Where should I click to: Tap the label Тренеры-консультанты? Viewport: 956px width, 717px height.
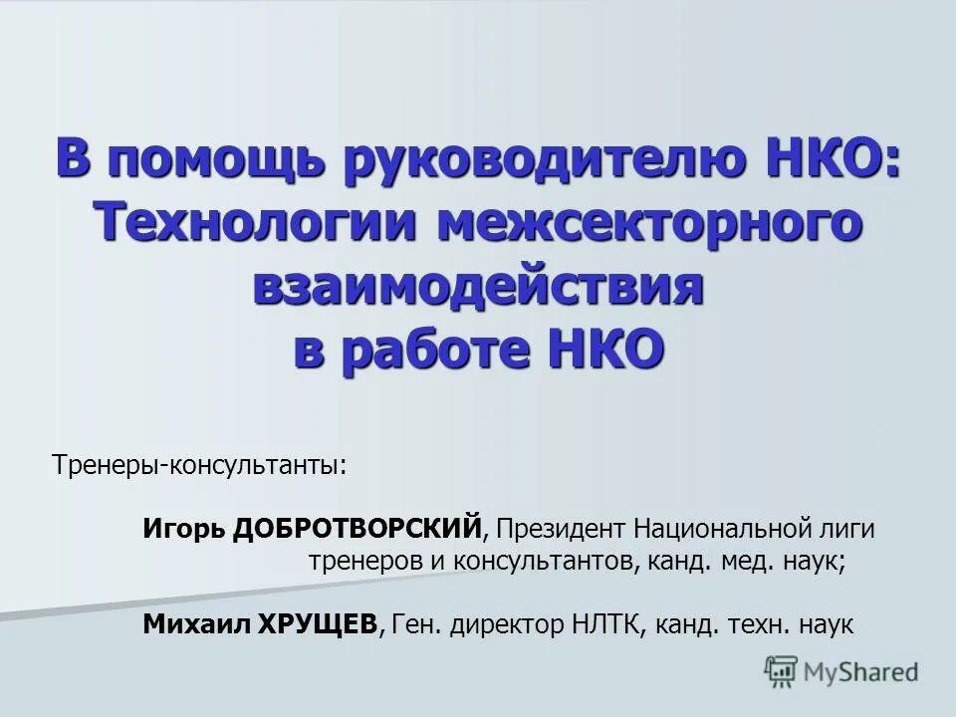point(200,465)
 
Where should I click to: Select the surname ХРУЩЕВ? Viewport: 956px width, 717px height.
point(320,624)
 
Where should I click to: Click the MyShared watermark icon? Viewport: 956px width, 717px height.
point(782,670)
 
